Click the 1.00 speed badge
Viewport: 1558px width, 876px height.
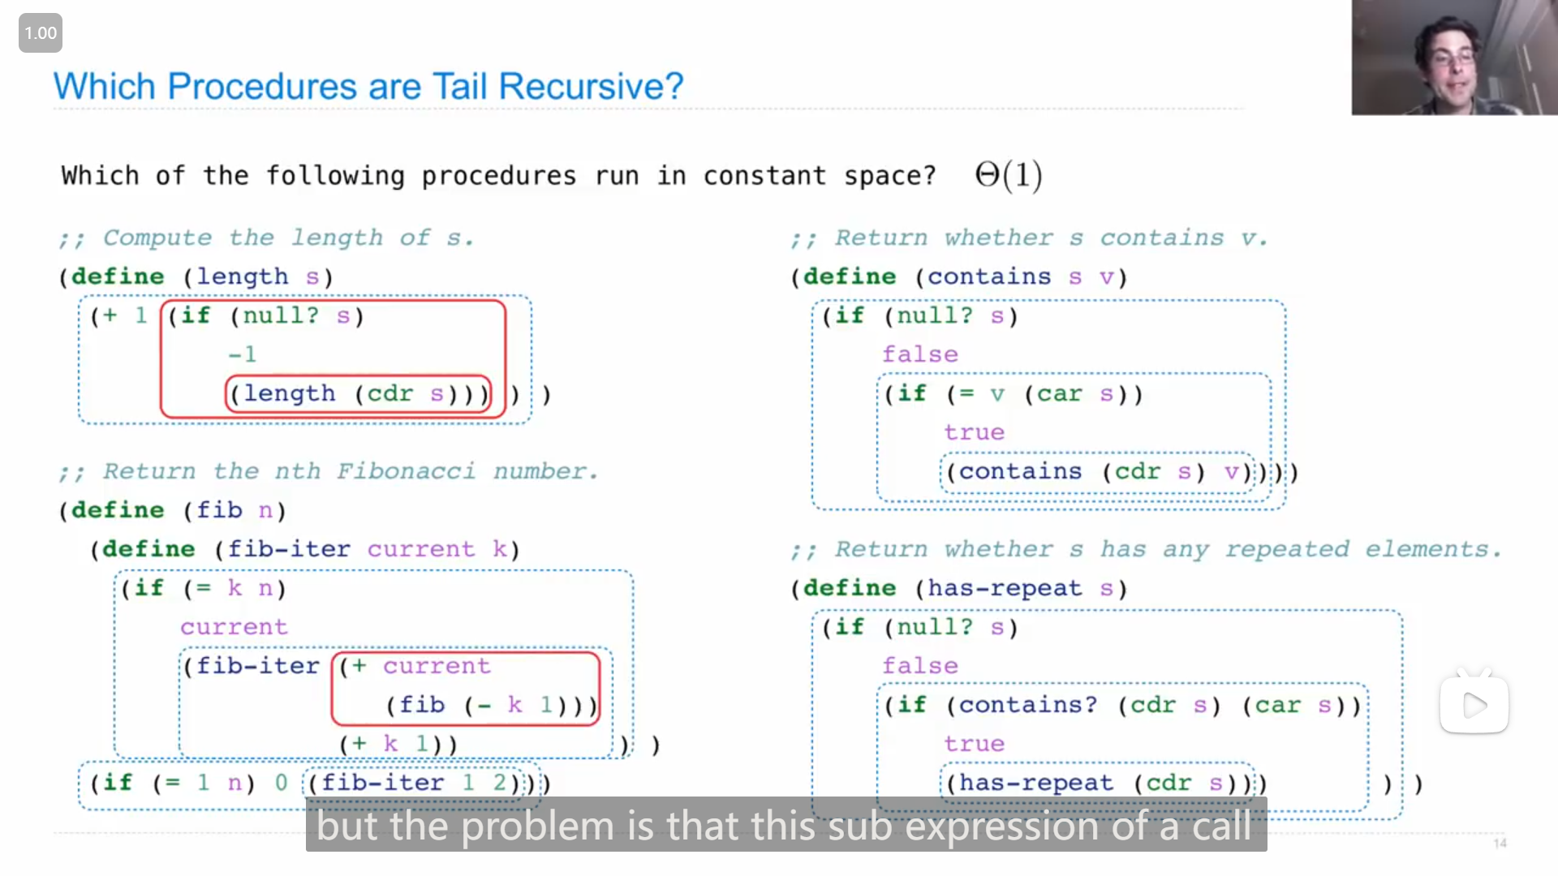41,33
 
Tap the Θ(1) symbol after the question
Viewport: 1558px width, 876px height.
1009,175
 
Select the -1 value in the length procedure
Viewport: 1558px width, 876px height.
242,354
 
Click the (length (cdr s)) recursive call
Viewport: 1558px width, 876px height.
359,394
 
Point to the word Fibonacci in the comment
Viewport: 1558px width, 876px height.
406,471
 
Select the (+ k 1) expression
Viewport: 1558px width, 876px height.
398,744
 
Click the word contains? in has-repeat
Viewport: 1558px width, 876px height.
1027,705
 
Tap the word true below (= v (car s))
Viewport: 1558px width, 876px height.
974,432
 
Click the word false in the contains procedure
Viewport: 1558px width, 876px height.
920,354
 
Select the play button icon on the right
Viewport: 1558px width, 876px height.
1474,705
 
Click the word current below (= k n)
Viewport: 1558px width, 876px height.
234,627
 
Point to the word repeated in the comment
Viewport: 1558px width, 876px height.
1287,549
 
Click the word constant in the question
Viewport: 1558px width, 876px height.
764,175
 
